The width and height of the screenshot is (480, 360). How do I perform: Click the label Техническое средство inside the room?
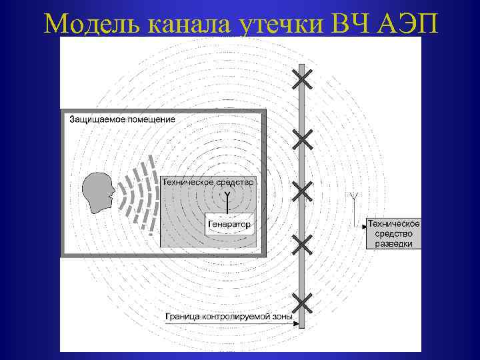click(x=207, y=181)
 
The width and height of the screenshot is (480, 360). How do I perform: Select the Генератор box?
click(x=229, y=225)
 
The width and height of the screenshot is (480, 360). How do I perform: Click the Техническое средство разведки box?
click(x=394, y=234)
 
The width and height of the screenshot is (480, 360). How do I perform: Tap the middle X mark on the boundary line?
click(x=302, y=191)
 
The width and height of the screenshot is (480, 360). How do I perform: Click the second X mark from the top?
click(x=302, y=139)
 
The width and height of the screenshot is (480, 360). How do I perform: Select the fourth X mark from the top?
click(x=302, y=245)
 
